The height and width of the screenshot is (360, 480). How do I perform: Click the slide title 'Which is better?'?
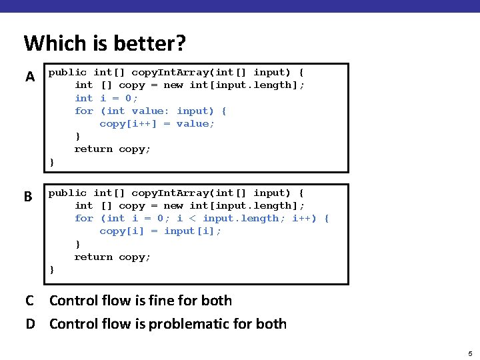click(105, 43)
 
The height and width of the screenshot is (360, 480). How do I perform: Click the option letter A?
click(30, 77)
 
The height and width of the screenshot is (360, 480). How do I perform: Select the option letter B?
click(28, 197)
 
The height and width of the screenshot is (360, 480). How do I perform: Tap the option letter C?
click(30, 301)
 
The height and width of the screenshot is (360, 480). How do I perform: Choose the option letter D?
click(30, 324)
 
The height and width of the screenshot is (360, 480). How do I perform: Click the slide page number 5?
click(470, 353)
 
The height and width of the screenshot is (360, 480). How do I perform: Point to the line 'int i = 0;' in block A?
click(107, 98)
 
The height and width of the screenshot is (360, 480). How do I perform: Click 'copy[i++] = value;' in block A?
click(157, 123)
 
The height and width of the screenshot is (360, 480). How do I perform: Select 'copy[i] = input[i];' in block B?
click(161, 231)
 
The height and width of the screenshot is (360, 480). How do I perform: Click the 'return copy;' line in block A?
click(113, 149)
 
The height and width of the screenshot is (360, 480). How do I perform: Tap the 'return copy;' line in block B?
click(113, 257)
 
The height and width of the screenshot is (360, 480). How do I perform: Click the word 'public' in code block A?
click(67, 72)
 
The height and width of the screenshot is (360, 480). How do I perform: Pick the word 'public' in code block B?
click(67, 193)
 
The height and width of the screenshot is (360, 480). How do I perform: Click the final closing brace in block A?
click(52, 162)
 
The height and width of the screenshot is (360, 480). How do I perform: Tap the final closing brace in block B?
click(52, 269)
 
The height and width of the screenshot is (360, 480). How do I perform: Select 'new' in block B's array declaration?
click(173, 205)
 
